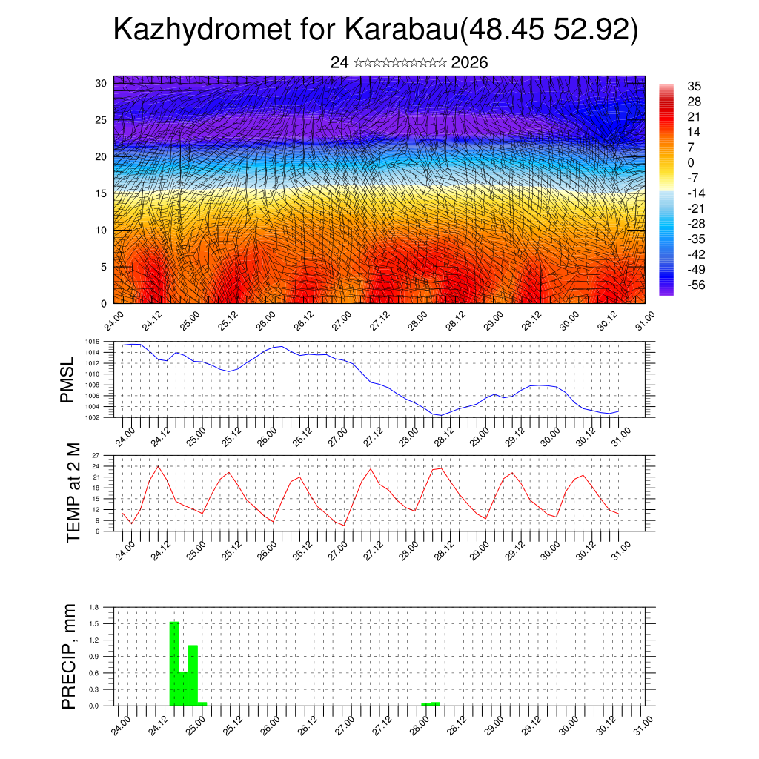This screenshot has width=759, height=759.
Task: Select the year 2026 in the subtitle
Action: point(469,63)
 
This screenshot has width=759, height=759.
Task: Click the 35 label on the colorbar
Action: point(695,86)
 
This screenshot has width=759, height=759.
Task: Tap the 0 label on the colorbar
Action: point(691,162)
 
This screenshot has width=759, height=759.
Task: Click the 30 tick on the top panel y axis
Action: point(100,83)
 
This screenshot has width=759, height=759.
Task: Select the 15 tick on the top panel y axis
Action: point(100,193)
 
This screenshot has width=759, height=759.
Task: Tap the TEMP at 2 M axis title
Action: point(73,492)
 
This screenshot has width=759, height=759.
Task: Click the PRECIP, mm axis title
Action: point(68,656)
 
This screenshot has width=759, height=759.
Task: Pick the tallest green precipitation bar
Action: point(174,663)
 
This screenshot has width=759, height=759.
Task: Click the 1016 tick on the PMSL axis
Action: point(93,342)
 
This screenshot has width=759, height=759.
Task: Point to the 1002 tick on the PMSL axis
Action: point(93,417)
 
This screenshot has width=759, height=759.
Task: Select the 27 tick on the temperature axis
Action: point(96,455)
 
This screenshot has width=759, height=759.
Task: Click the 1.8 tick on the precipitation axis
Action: point(94,607)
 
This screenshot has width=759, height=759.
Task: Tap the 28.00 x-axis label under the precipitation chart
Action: point(417,726)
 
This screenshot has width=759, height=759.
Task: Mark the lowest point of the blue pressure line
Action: point(441,415)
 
